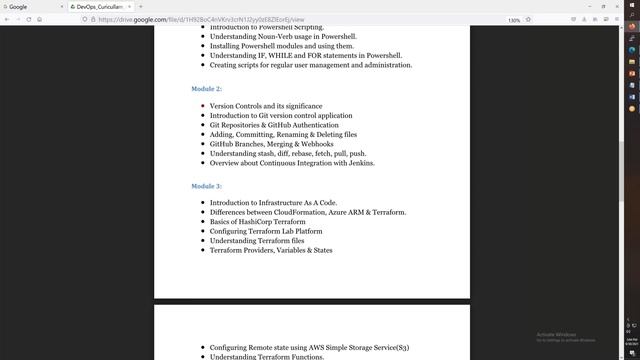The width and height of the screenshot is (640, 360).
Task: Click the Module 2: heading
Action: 206,89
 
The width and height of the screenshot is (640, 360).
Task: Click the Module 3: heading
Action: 206,186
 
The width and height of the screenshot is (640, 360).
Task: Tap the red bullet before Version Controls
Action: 202,106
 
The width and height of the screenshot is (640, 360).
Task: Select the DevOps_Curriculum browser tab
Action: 97,6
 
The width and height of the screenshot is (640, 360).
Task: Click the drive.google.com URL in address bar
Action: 200,19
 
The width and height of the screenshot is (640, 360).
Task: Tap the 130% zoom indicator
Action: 514,19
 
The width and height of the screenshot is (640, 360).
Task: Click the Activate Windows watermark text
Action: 557,335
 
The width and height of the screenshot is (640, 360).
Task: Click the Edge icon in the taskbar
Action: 632,49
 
